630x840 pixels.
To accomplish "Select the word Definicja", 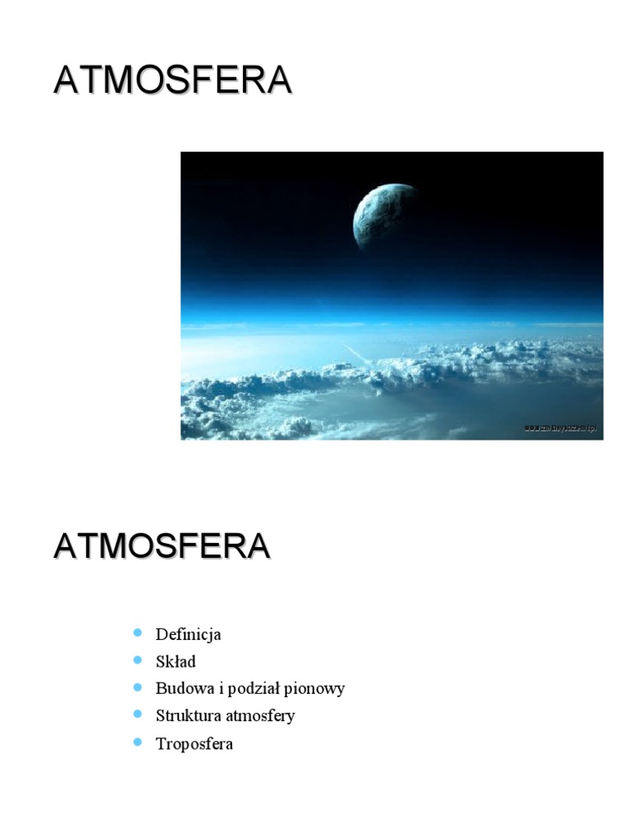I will (x=189, y=634).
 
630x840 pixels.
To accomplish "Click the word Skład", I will (x=176, y=661).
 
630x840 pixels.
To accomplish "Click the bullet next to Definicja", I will (x=137, y=632).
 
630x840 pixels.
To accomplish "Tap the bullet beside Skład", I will (x=137, y=660).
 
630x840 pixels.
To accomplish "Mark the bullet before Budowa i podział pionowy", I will (x=137, y=687).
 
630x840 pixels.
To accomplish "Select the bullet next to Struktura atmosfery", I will (x=137, y=714).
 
